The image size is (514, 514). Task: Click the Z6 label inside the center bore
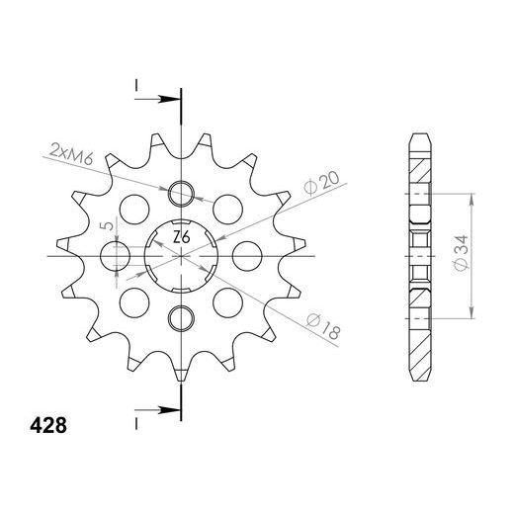click(x=182, y=237)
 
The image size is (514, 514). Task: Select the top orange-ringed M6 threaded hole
click(x=182, y=194)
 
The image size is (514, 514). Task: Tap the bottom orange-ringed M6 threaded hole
click(x=182, y=317)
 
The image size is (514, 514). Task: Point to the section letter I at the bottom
click(x=135, y=419)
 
